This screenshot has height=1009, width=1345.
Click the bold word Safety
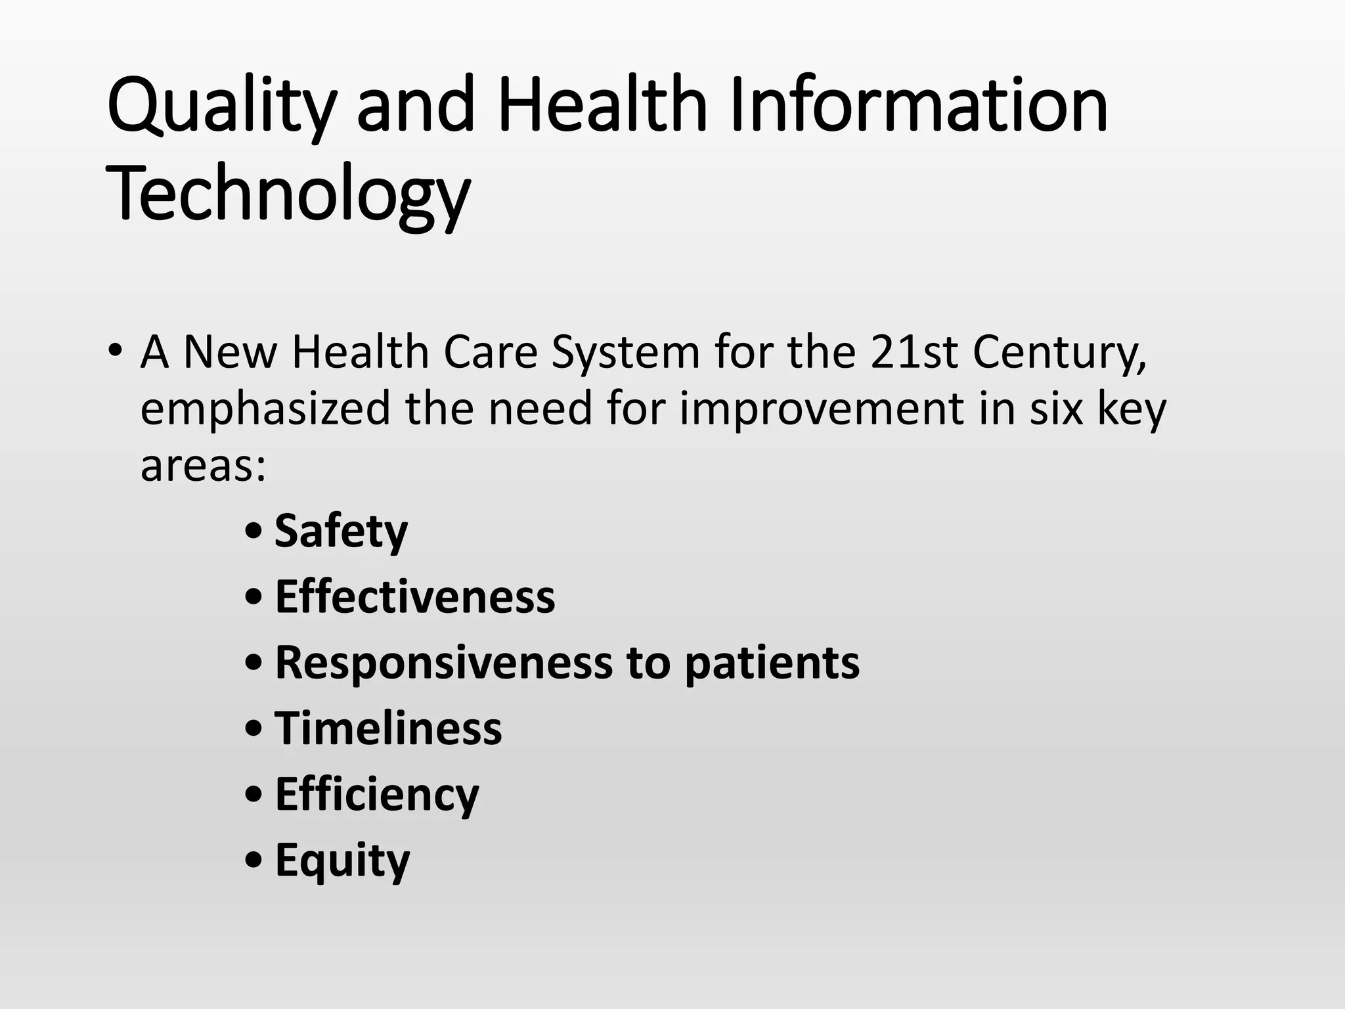(x=341, y=531)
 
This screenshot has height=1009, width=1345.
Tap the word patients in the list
(x=772, y=663)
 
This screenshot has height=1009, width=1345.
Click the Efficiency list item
(x=377, y=795)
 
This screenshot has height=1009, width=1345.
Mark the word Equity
(x=342, y=861)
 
